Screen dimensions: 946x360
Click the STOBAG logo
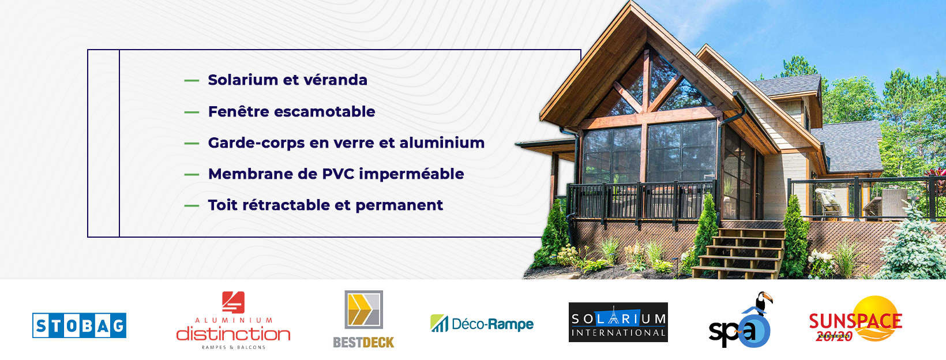80,325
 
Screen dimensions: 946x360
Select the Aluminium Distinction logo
233,320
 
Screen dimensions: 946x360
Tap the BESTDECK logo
363,319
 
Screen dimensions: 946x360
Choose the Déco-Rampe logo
482,324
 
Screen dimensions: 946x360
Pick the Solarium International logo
618,322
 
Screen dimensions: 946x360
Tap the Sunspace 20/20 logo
855,320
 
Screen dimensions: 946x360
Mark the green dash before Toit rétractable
192,206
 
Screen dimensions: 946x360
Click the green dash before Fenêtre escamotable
192,112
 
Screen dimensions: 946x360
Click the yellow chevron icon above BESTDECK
363,309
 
